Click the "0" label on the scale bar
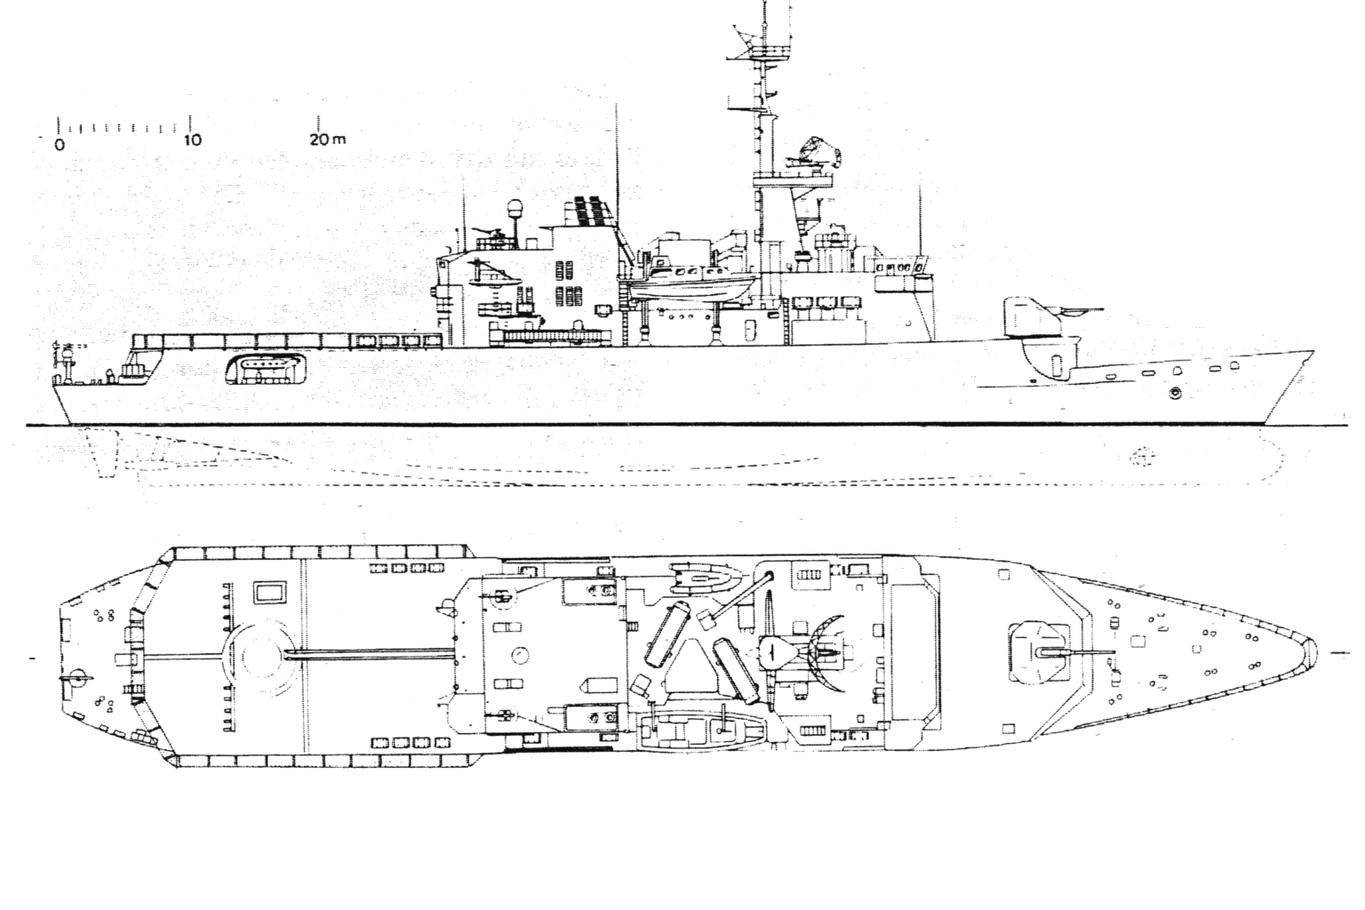(x=60, y=143)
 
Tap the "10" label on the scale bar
(x=192, y=140)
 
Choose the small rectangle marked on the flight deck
(x=269, y=591)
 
